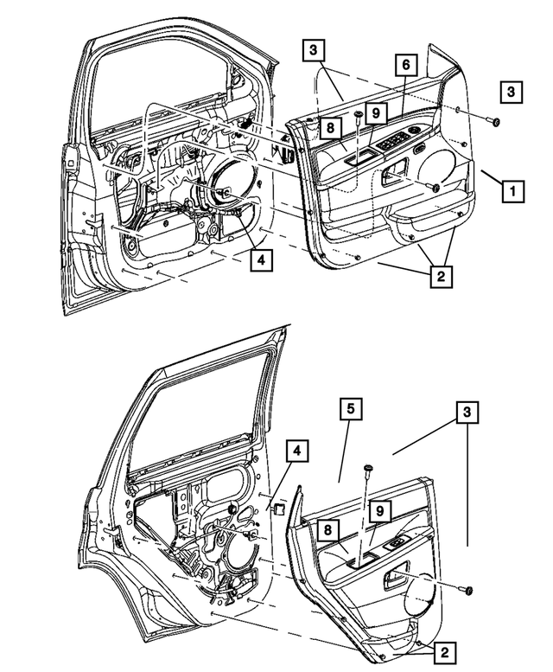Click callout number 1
point(512,189)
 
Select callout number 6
point(404,64)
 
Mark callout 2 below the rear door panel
point(442,651)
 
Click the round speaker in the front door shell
point(230,179)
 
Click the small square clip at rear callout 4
point(280,510)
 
